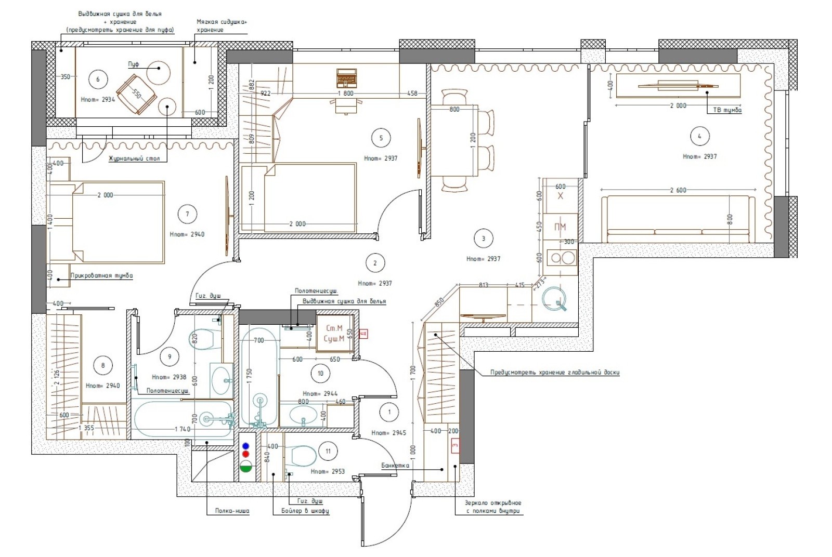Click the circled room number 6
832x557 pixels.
[x=98, y=79]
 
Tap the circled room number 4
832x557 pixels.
[x=699, y=136]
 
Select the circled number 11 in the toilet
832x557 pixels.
[x=328, y=451]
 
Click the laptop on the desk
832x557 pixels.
[x=346, y=77]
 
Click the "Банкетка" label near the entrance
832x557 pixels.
[x=395, y=466]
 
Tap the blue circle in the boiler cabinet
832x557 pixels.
[x=246, y=446]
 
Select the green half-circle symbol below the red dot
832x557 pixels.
[x=246, y=467]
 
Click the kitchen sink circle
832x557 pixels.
[x=554, y=299]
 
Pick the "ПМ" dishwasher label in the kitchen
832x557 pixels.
[x=560, y=227]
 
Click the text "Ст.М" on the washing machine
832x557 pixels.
[x=334, y=328]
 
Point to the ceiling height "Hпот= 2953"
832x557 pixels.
[x=327, y=471]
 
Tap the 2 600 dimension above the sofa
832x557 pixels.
[x=678, y=190]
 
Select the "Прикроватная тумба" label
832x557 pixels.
[x=101, y=276]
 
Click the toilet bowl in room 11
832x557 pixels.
[x=303, y=456]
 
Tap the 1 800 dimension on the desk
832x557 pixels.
[x=345, y=94]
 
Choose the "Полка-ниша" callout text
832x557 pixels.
[x=232, y=511]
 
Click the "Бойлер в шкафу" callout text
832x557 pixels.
[x=305, y=511]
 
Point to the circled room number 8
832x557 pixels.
[x=102, y=365]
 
